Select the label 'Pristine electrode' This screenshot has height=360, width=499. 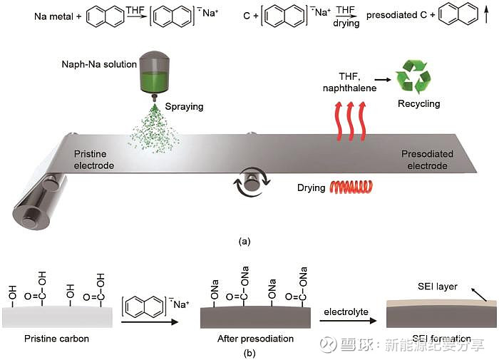tap(94, 159)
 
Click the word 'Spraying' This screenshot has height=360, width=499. tap(185, 107)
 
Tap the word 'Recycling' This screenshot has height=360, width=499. tap(418, 104)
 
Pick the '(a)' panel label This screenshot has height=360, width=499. tap(245, 241)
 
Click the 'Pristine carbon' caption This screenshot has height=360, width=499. tap(57, 339)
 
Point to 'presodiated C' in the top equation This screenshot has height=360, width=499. tap(395, 15)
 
